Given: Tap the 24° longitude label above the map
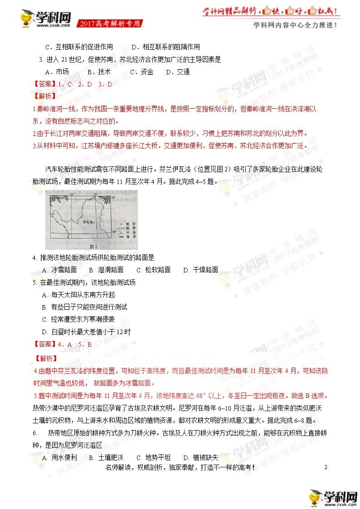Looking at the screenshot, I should point(71,194).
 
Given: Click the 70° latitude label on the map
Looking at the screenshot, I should point(114,198).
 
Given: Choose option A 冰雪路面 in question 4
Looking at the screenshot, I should point(59,270).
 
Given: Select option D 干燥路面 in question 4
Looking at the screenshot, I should point(200,270).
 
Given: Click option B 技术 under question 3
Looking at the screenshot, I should point(99,72).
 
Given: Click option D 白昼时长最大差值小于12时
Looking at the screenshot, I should point(86,332).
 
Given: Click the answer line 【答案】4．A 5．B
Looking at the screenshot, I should point(63,344).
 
